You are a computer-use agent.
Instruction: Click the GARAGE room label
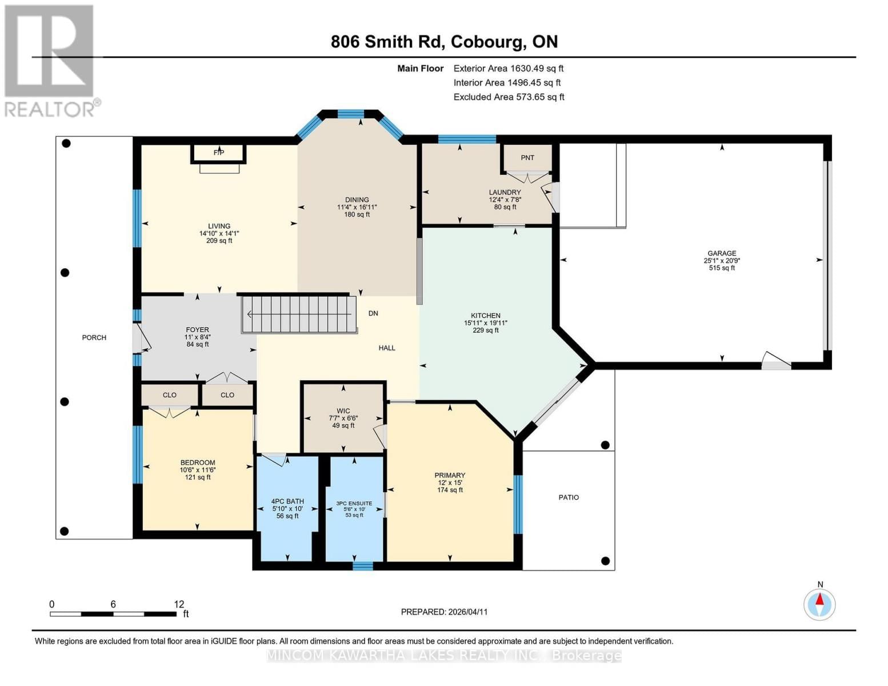[722, 253]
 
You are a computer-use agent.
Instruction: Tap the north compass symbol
[819, 604]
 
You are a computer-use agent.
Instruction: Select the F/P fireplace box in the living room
[219, 153]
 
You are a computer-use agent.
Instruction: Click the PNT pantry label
[527, 158]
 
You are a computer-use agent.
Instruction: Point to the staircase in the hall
[299, 314]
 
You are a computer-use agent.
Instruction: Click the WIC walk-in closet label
[343, 411]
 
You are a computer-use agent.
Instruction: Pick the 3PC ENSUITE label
[354, 504]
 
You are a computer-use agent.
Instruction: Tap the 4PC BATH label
[287, 501]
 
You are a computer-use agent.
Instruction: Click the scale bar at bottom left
[113, 614]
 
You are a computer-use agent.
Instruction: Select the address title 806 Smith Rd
[444, 42]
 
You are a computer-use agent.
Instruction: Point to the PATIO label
[569, 497]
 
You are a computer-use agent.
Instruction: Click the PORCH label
[94, 337]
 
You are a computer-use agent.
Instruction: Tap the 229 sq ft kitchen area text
[486, 330]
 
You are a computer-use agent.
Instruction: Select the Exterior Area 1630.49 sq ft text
[509, 68]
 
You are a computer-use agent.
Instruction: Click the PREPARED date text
[444, 612]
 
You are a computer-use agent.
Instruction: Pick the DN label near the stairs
[373, 313]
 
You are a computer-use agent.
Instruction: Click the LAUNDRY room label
[505, 193]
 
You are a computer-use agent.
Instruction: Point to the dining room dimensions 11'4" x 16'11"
[357, 208]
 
